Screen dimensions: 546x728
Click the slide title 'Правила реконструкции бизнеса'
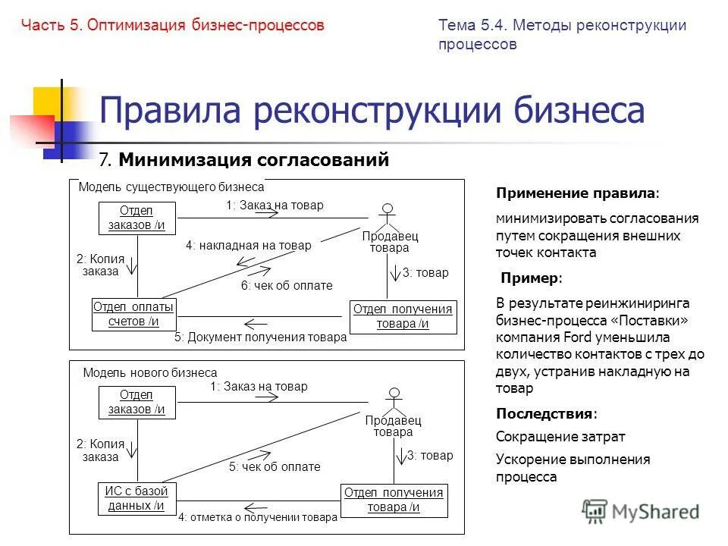(372, 111)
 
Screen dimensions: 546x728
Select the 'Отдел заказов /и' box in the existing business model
(136, 218)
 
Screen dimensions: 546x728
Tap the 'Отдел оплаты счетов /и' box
(133, 314)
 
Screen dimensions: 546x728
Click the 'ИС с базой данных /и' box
(136, 498)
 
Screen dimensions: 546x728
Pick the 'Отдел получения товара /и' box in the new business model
(393, 500)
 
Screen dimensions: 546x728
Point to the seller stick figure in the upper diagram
(388, 216)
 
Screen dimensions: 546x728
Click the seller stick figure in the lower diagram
(393, 400)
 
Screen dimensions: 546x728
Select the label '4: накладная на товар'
(248, 245)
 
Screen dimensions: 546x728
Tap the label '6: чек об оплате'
(287, 285)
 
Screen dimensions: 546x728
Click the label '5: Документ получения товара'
(260, 337)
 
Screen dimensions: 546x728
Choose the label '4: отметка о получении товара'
(258, 518)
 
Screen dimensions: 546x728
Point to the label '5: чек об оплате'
(275, 467)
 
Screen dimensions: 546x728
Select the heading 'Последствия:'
(546, 413)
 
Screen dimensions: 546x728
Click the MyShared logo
(641, 512)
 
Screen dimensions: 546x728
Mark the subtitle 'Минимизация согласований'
(253, 159)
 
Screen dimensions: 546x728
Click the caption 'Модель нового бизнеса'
(149, 372)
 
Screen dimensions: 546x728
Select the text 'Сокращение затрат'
(560, 437)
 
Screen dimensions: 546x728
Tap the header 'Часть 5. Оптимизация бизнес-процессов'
(173, 25)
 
